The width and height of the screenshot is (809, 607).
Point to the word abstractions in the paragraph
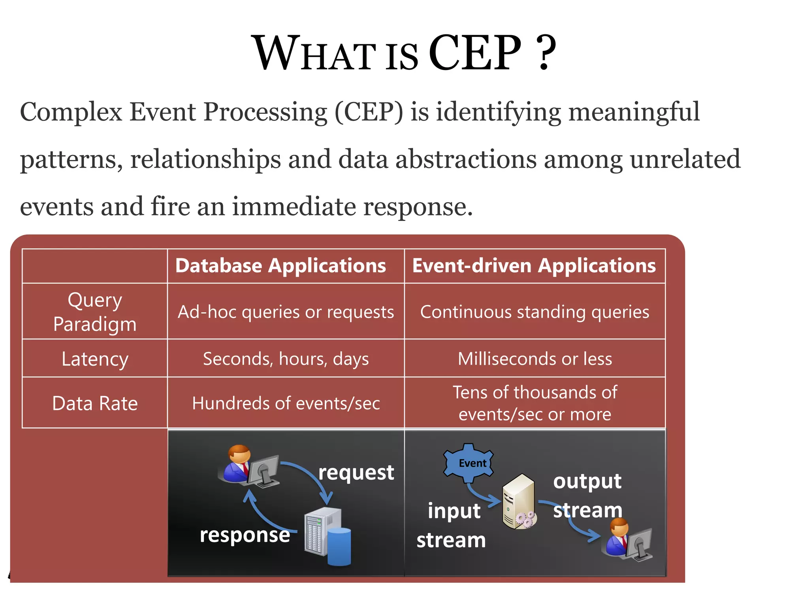pos(466,159)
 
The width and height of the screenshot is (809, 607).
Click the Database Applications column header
pos(280,266)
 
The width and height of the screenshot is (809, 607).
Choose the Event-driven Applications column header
pos(534,266)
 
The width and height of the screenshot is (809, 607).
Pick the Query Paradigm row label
pos(95,312)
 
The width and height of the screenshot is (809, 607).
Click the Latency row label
pos(95,359)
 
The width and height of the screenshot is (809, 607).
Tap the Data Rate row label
pos(95,403)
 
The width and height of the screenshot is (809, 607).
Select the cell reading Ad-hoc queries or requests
pos(286,312)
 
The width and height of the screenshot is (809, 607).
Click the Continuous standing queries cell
pos(534,312)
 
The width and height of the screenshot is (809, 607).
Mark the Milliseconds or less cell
pos(534,359)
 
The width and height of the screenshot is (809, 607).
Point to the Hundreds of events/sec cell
pos(286,403)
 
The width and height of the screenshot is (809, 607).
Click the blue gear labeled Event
pos(469,463)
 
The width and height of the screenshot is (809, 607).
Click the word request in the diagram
pos(356,473)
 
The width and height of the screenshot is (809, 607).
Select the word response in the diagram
pos(245,535)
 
